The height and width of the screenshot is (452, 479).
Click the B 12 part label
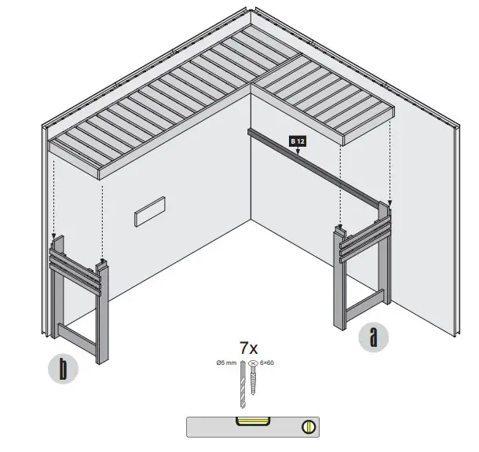pyautogui.click(x=297, y=140)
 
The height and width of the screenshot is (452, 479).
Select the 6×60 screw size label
pyautogui.click(x=267, y=363)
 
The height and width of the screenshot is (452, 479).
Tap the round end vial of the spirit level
pyautogui.click(x=309, y=428)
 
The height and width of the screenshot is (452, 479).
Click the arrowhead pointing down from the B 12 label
pyautogui.click(x=298, y=149)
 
